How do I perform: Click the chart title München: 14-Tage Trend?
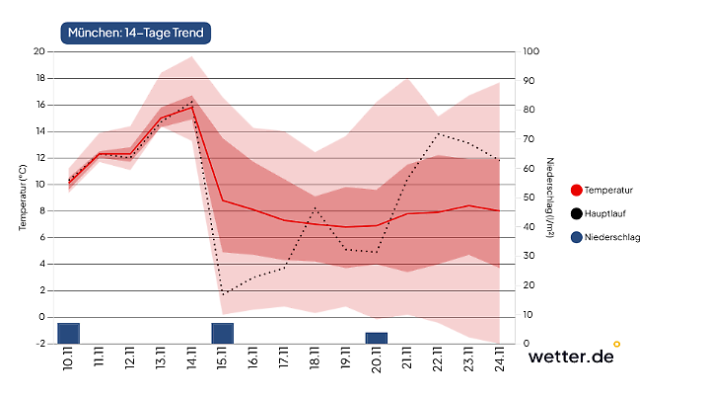click(136, 33)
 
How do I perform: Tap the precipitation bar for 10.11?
click(68, 333)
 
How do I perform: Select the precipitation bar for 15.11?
click(223, 333)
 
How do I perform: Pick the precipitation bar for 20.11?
click(377, 338)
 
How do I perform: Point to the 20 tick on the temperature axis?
click(39, 51)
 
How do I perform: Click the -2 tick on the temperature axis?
click(39, 344)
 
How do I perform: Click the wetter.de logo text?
click(571, 357)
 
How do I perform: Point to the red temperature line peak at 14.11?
click(192, 107)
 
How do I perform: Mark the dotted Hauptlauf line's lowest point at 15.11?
click(223, 294)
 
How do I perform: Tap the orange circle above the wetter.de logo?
click(617, 344)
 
